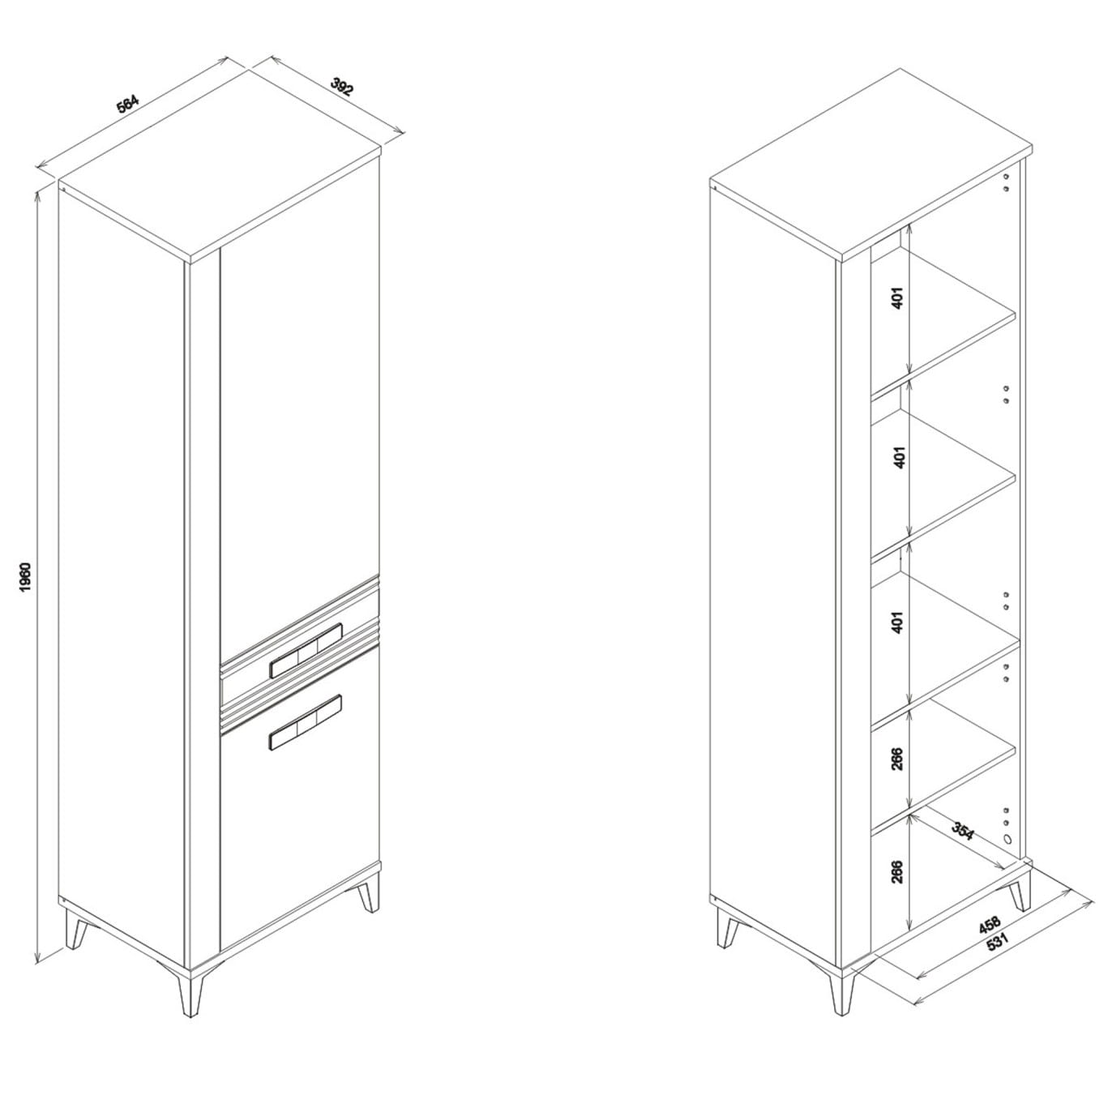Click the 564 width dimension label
pos(128,104)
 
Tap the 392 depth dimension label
pos(341,87)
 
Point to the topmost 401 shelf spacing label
pos(897,297)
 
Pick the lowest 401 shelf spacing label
pos(897,622)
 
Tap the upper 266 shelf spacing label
pos(897,759)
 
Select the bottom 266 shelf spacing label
pos(897,887)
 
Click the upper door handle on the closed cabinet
pos(306,650)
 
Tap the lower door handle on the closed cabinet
pos(306,722)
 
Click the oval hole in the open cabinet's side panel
pos(1007,839)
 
